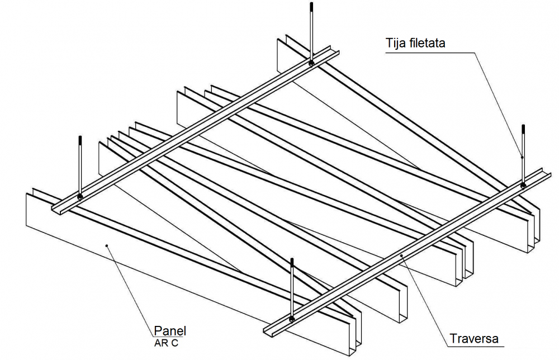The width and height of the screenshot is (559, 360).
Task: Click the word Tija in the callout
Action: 396,43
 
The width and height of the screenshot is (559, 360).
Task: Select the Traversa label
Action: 473,338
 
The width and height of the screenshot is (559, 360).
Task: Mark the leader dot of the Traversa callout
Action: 402,256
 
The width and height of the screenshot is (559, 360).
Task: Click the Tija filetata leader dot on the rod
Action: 522,158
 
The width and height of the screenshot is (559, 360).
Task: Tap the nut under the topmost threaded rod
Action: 310,63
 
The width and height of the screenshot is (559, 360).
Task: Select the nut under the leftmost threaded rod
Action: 80,196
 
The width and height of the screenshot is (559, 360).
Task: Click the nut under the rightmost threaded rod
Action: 523,184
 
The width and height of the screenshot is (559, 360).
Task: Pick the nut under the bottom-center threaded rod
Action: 292,319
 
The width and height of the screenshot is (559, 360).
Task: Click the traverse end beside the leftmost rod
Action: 57,209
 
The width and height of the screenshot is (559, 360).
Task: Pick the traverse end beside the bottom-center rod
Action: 268,329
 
